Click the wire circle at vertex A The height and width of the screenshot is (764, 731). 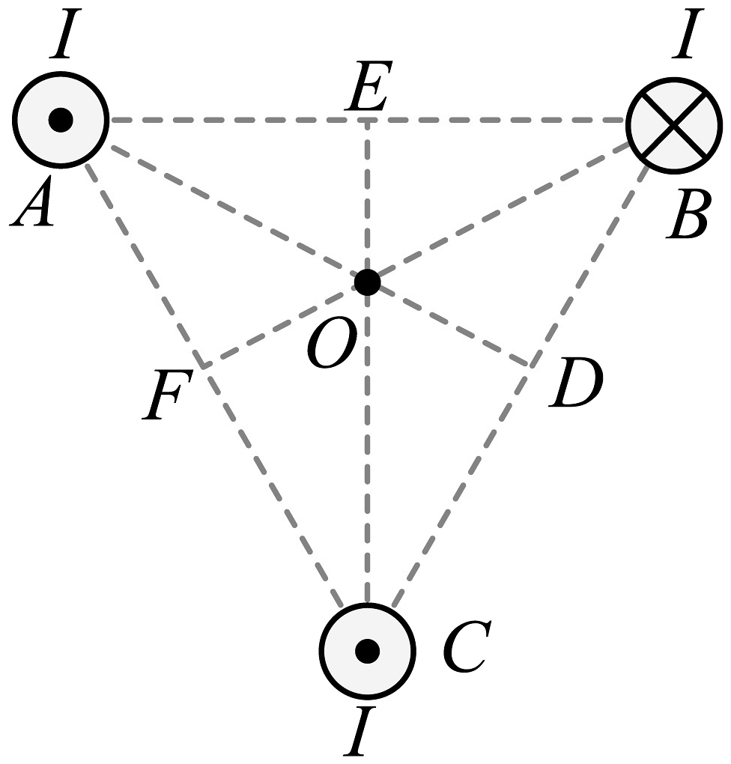point(61,119)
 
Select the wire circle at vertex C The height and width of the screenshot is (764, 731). point(366,649)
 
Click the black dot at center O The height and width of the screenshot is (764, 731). point(366,282)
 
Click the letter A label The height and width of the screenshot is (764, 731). point(33,203)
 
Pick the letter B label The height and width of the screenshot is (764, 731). point(688,217)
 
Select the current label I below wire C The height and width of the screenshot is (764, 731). point(360,733)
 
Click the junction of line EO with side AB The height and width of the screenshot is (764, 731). point(366,120)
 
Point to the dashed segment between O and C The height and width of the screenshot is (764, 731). point(366,449)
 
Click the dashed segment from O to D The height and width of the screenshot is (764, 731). point(449,324)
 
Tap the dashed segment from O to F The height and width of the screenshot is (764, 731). point(285,324)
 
